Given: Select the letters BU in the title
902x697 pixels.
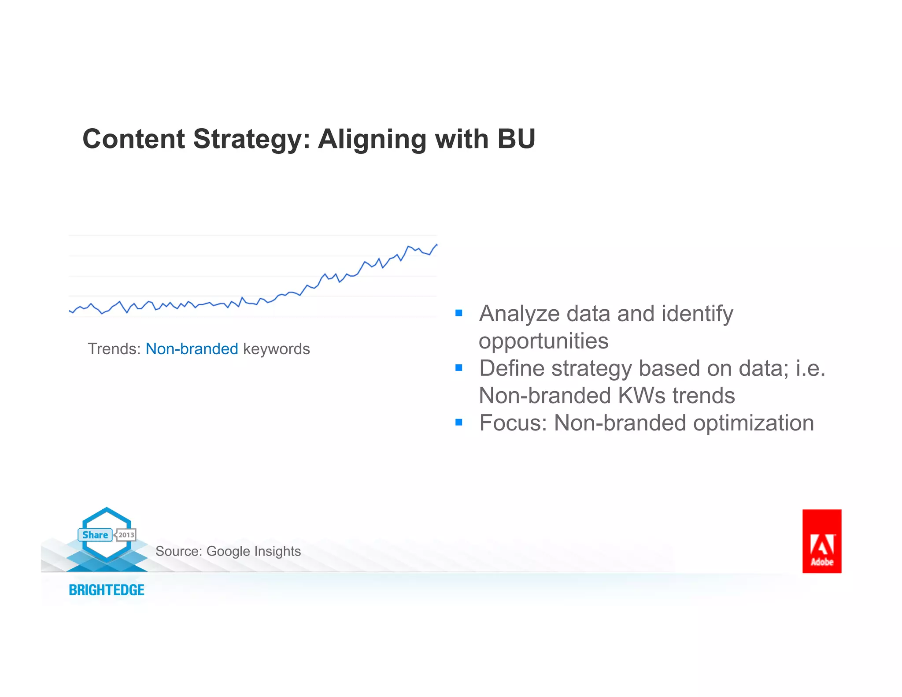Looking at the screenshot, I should (x=516, y=139).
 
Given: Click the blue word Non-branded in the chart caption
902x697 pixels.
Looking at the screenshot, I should (x=192, y=349).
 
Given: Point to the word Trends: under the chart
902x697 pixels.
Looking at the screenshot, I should (x=114, y=349).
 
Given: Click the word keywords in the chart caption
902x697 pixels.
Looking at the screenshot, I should (x=276, y=349).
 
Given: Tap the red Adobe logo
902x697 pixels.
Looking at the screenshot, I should (x=821, y=541).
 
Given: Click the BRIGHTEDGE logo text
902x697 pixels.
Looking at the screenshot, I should (x=107, y=590).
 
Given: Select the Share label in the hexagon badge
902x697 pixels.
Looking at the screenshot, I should (x=95, y=535).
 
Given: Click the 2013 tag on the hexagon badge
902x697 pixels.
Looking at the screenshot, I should (x=126, y=535).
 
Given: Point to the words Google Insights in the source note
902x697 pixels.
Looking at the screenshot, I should (x=253, y=551).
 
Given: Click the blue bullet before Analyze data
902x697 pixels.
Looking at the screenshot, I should (x=458, y=313).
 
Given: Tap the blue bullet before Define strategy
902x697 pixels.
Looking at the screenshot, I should (x=458, y=368).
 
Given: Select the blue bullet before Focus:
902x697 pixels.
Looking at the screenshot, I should (x=458, y=423).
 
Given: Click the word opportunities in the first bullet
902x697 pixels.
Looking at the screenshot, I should (x=543, y=341).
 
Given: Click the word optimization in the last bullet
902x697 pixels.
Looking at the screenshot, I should (x=753, y=423).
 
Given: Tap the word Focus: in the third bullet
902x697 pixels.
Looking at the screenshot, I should (x=513, y=423).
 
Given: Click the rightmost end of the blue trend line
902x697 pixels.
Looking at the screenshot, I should (x=436, y=245).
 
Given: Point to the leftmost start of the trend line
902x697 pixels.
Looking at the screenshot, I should (x=70, y=311).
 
